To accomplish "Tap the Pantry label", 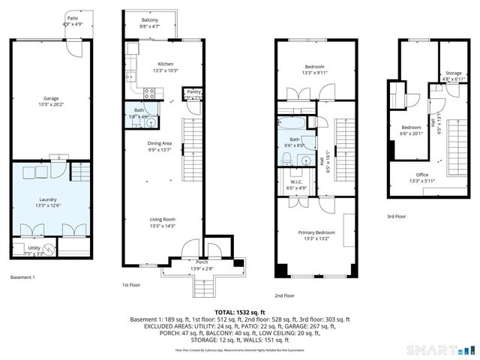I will click(194, 91).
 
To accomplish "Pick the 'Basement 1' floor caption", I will click(22, 277).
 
